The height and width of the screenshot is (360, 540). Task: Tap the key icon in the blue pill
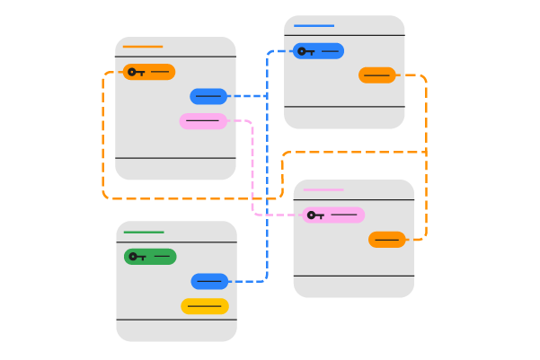pos(305,51)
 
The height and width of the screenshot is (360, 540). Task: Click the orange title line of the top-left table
pos(143,47)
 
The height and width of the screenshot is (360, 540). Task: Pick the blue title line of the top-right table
pos(314,26)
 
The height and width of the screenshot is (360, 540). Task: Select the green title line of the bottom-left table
pos(144,233)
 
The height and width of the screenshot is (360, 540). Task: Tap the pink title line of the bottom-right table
pos(323,190)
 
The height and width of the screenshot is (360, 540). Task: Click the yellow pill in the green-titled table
pos(205,306)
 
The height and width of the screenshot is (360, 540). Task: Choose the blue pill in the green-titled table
pos(209,282)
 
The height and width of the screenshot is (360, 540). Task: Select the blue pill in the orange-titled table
pos(208,96)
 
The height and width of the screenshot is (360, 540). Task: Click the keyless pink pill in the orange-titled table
pos(203,121)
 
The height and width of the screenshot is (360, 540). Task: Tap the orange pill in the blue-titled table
pos(377,75)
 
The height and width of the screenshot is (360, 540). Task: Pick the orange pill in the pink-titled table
pos(387,240)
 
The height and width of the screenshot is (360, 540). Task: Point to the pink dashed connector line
pos(252,171)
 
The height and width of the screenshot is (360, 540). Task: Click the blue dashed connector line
pos(267,180)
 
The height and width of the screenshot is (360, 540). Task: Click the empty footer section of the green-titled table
pos(176,329)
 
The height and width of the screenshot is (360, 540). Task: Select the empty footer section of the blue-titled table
pos(344,117)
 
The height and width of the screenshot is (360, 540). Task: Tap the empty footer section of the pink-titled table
pos(353,285)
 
